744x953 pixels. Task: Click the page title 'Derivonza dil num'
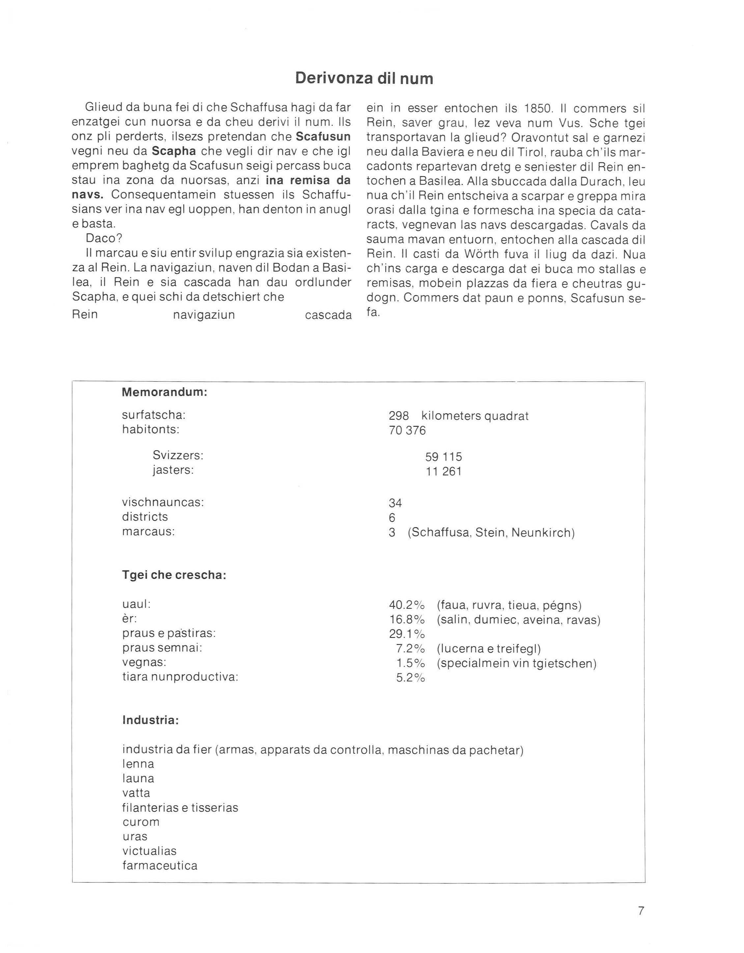tap(364, 78)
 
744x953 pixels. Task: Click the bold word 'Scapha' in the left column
tap(174, 151)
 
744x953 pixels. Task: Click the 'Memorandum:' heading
tap(164, 392)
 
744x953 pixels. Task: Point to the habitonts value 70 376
tap(407, 430)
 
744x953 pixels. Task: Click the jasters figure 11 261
tap(443, 471)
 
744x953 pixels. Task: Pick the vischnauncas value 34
tap(395, 503)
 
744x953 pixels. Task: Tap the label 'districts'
tap(145, 517)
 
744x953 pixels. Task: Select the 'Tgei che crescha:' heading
tap(174, 575)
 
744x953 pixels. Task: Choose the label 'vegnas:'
tap(144, 662)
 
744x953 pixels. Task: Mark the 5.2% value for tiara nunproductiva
tap(410, 678)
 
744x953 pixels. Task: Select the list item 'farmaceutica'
tap(159, 865)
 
